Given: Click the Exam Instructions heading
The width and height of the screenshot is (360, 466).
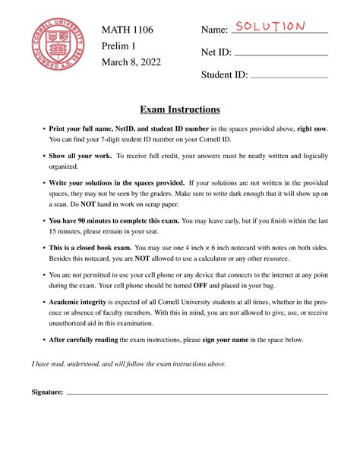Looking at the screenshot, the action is pos(180,109).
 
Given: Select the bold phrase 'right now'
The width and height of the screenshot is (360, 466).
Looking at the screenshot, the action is pos(312,129).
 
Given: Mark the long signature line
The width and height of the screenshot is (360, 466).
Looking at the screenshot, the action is pos(197,394).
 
